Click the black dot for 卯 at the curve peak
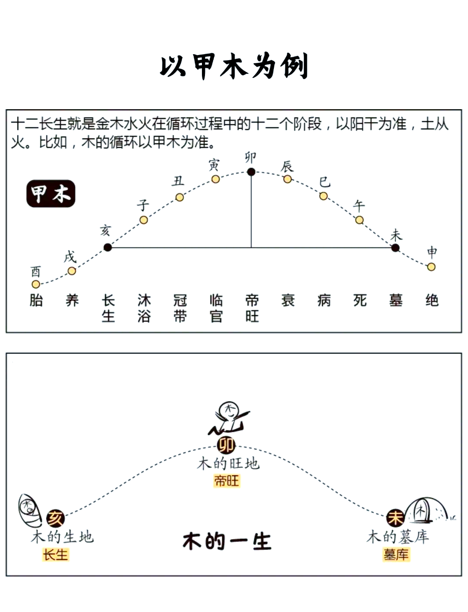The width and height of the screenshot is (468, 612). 251,172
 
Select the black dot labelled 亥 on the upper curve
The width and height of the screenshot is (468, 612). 107,247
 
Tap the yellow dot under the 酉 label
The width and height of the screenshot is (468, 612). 36,285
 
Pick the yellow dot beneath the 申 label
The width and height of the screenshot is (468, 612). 431,267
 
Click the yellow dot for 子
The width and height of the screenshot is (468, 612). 143,220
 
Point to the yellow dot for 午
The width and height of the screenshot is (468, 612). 359,220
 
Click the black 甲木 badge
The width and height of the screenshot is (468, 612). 51,194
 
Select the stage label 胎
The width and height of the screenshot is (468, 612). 36,300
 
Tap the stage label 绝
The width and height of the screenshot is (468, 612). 432,300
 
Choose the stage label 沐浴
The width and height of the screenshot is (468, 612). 144,308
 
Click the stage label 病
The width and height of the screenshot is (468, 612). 324,300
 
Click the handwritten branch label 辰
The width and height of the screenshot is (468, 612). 287,166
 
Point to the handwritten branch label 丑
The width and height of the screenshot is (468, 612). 178,181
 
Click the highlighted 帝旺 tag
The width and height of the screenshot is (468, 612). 227,481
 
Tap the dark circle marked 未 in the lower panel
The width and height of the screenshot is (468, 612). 395,518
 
